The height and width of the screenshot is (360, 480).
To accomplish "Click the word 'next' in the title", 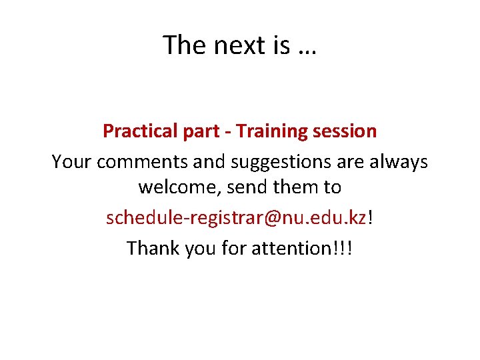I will (x=238, y=45).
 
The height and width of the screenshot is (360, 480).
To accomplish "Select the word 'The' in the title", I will (x=185, y=45).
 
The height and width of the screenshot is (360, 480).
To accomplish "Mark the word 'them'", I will (x=296, y=188).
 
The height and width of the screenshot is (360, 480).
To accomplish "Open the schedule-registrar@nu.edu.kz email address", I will (x=236, y=218).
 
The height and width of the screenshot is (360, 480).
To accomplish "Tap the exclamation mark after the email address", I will (x=371, y=217).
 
